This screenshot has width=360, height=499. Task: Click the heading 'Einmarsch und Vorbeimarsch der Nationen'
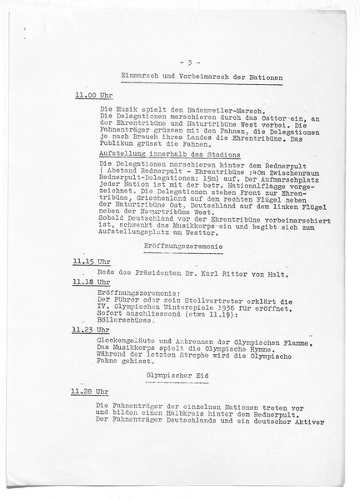tap(189, 78)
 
